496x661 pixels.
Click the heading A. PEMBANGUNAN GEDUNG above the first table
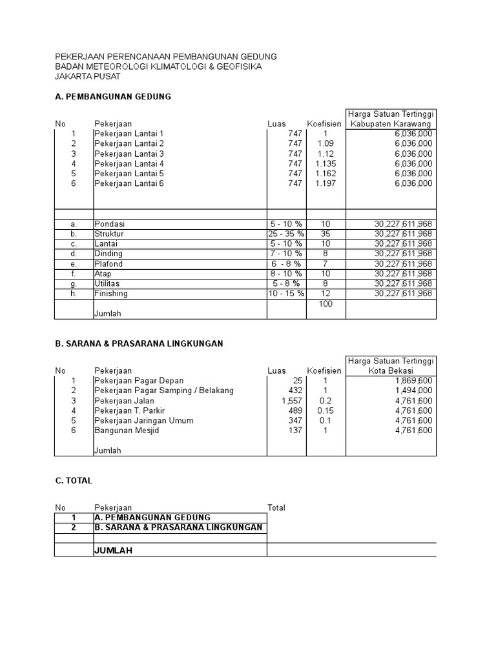[114, 97]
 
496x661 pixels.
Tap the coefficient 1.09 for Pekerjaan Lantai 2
[325, 143]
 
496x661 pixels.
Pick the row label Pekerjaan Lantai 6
[129, 183]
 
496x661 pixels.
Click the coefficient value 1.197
[325, 183]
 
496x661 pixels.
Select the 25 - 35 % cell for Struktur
[286, 234]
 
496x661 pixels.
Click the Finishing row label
[111, 294]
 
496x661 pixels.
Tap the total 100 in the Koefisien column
[325, 303]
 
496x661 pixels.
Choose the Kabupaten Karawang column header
[391, 123]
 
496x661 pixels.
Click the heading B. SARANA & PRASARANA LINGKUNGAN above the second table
[139, 343]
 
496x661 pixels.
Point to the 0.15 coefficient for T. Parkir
[325, 411]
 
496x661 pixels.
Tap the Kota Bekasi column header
[391, 371]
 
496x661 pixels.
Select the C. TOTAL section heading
[74, 481]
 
